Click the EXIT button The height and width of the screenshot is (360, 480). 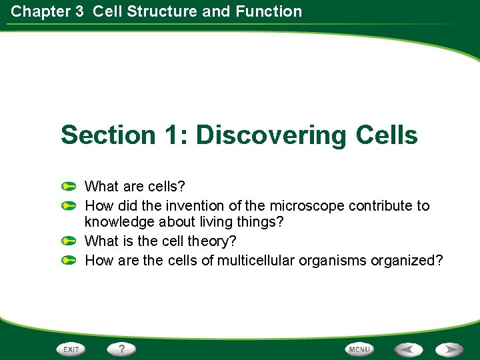tap(70, 349)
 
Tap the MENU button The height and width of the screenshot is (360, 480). tap(359, 349)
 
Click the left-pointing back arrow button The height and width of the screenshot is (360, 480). tap(408, 349)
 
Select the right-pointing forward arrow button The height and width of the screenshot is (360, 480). tap(450, 349)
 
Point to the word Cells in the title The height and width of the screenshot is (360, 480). tap(387, 135)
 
